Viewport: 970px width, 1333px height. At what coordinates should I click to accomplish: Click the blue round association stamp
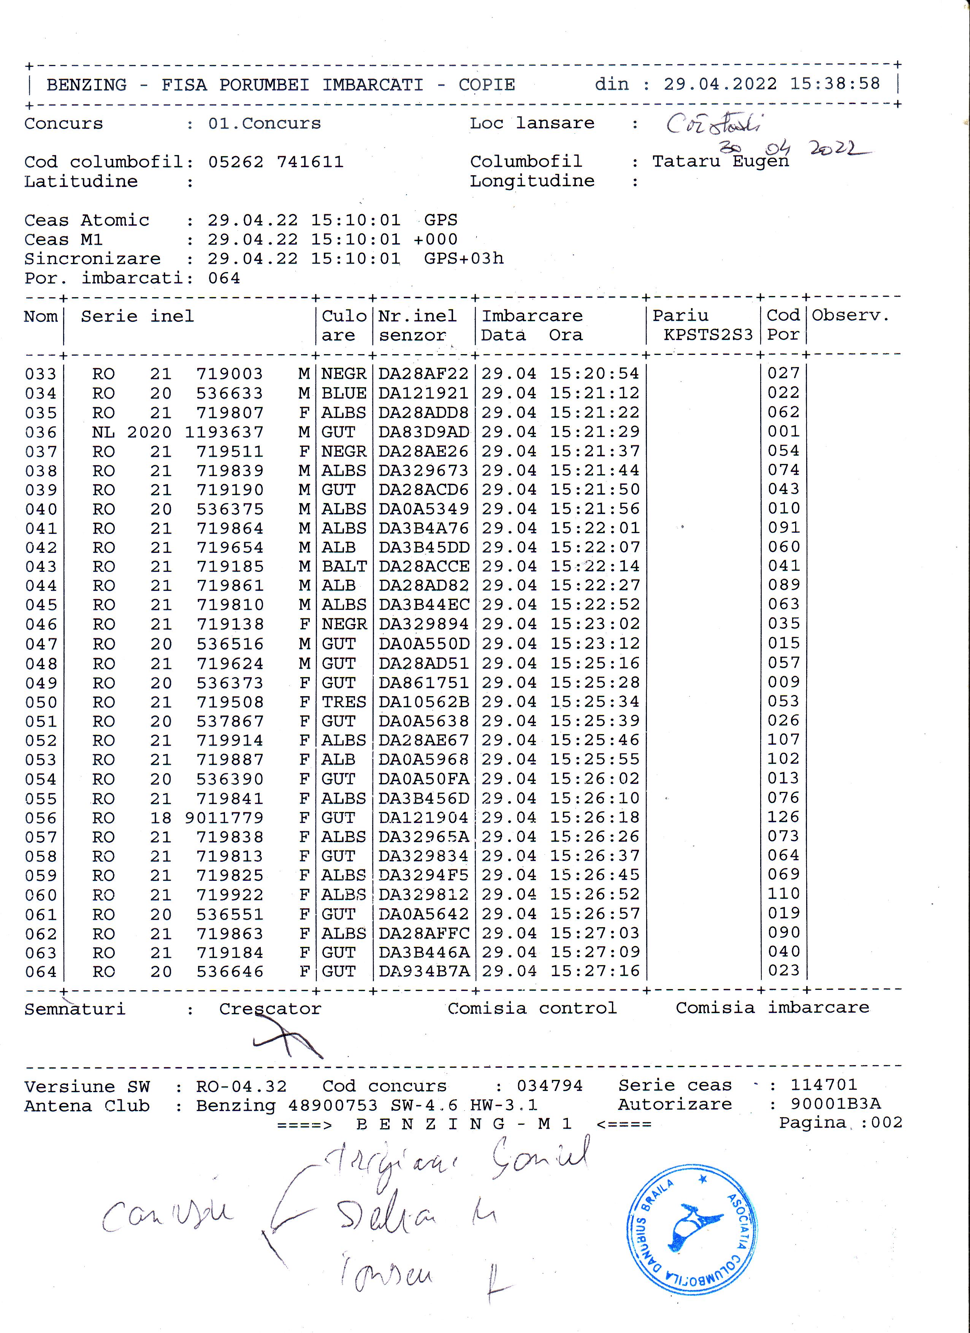click(x=691, y=1230)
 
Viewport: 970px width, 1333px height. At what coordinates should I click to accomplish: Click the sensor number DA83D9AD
click(x=423, y=432)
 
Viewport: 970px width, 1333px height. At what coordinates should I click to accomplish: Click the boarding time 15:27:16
click(x=594, y=971)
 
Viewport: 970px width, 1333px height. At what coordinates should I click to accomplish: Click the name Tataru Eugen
click(x=720, y=161)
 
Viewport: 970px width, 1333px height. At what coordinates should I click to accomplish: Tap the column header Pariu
click(x=680, y=316)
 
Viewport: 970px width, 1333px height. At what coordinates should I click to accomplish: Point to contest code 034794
click(x=550, y=1086)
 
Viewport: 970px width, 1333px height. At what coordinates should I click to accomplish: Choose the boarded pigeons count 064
click(x=224, y=278)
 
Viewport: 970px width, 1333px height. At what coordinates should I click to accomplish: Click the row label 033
click(x=41, y=374)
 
